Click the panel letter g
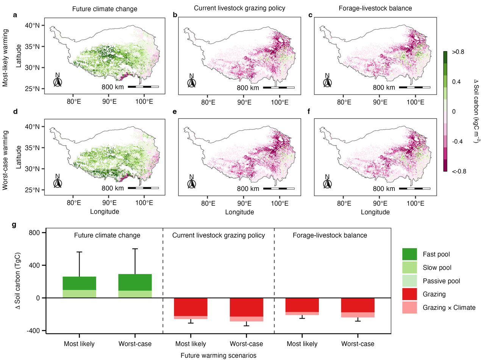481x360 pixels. [14, 225]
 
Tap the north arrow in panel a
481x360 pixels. [58, 81]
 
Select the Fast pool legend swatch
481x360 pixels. [409, 254]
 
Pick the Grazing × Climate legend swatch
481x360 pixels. [409, 307]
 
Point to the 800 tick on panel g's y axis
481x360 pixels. [35, 233]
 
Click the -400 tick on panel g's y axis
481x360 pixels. [34, 330]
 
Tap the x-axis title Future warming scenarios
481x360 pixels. [218, 356]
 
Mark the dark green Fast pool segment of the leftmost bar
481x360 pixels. [80, 283]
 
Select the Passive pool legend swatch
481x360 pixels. [409, 281]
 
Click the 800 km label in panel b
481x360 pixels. [248, 88]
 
